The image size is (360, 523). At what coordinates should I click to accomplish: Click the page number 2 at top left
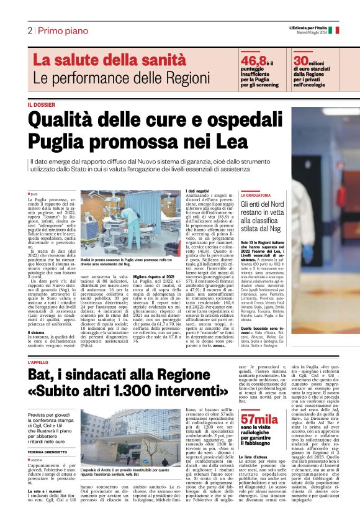click(x=29, y=30)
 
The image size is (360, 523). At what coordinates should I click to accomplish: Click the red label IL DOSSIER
click(x=41, y=104)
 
